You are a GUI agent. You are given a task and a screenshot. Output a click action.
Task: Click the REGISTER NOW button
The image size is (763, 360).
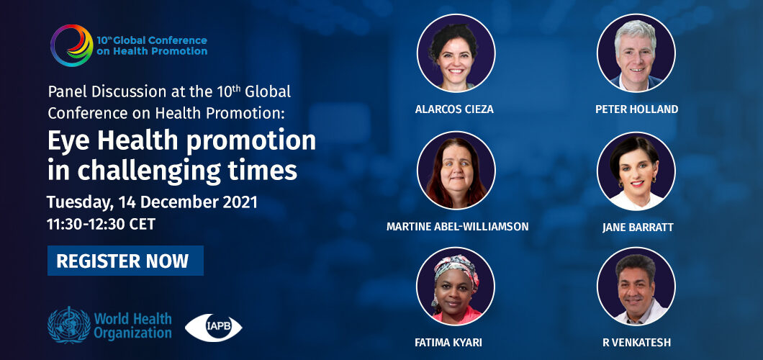coord(125,261)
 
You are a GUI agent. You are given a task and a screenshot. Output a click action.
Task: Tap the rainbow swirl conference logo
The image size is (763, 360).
coord(71,45)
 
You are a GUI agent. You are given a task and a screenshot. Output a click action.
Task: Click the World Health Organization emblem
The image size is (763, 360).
coord(69,325)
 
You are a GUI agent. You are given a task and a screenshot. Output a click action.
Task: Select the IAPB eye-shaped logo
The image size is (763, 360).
coord(213,327)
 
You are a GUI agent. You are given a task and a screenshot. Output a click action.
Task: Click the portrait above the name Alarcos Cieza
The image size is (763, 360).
coord(456,53)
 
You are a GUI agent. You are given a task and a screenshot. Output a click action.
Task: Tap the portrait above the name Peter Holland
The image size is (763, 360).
coord(636,53)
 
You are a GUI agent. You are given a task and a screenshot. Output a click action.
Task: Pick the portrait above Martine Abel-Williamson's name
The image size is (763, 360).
coord(456,170)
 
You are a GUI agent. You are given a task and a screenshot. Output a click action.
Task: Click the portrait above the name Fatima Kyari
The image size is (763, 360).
coord(456,287)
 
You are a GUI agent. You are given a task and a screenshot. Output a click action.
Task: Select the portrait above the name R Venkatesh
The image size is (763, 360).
coord(636,287)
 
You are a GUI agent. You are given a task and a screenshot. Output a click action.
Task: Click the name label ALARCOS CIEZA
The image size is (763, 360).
coord(454,109)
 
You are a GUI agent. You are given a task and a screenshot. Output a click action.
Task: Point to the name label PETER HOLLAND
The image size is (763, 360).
coord(636,109)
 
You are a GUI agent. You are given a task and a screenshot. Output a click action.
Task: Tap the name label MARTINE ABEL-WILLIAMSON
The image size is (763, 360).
coord(457,228)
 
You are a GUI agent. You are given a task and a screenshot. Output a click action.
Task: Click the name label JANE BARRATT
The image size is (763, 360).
coord(638,228)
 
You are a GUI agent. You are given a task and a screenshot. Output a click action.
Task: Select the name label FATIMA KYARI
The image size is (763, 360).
coord(448,343)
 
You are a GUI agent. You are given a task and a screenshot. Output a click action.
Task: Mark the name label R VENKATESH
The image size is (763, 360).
coord(636,343)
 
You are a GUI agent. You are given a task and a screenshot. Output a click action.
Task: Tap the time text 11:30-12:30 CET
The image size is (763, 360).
coord(101,224)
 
